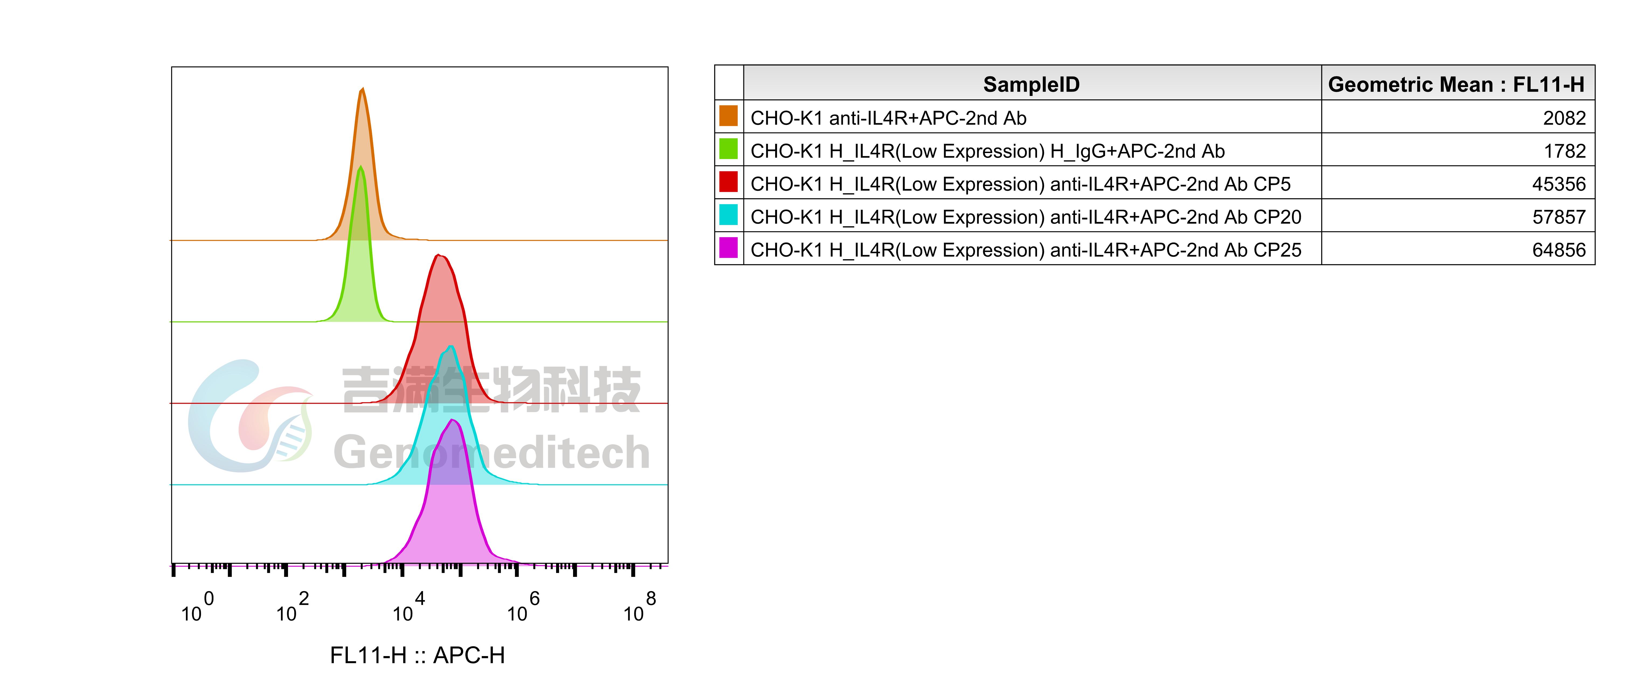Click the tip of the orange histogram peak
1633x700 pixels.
(362, 88)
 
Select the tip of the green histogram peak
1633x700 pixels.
(361, 167)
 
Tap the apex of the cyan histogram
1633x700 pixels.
(451, 346)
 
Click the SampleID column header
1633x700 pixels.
(1031, 84)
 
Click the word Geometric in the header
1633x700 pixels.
(1369, 84)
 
